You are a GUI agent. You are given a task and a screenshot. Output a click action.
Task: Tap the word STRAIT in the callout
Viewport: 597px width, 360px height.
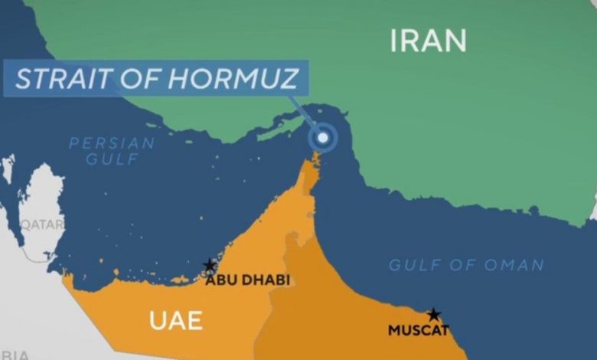(x=54, y=79)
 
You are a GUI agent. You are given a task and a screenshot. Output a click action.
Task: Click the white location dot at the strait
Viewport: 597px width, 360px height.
(x=324, y=137)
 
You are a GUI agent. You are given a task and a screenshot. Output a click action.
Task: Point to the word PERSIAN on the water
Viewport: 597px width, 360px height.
(x=112, y=143)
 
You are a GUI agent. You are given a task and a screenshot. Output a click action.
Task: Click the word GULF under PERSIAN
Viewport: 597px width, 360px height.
(x=112, y=159)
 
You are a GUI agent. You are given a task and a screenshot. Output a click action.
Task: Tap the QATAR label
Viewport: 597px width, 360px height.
(x=41, y=224)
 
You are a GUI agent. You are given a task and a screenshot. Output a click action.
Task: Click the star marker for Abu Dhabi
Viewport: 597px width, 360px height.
(x=209, y=265)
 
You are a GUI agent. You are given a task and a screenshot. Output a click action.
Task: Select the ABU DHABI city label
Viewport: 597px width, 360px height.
(x=247, y=280)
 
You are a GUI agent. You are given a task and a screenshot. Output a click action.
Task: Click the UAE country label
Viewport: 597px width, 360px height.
(x=175, y=319)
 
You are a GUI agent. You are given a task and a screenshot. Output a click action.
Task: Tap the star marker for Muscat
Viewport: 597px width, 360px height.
(x=434, y=314)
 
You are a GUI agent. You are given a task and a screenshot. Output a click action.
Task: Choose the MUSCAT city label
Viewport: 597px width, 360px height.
(x=418, y=331)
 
